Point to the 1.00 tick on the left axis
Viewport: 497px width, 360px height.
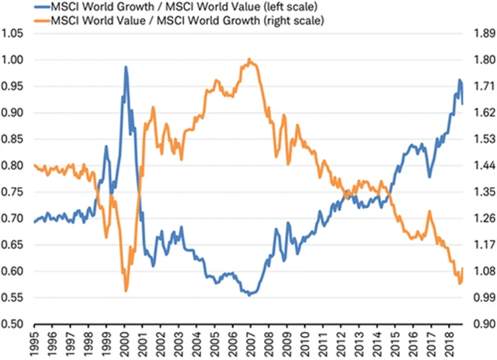[13, 60]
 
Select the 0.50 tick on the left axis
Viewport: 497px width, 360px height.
[13, 324]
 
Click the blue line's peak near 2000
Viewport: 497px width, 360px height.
[126, 67]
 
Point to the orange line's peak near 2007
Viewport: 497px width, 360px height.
[249, 59]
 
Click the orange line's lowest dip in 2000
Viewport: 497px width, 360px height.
[126, 290]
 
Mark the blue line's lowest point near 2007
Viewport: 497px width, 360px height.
[249, 296]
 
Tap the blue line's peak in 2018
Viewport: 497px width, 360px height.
[460, 80]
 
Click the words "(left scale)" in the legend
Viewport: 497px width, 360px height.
[279, 8]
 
